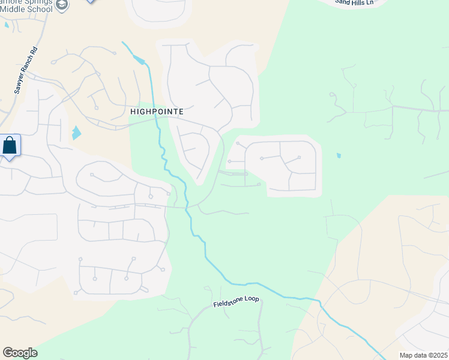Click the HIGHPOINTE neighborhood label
pos(156,112)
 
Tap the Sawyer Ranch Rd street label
pos(26,71)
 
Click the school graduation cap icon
pos(61,5)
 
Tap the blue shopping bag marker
pos(10,146)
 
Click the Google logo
pos(20,353)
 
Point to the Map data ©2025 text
pos(423,355)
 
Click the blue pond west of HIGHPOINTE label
pos(76,133)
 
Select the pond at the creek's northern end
pos(140,59)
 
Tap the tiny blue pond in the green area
pos(339,155)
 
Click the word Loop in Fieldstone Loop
pos(252,298)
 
